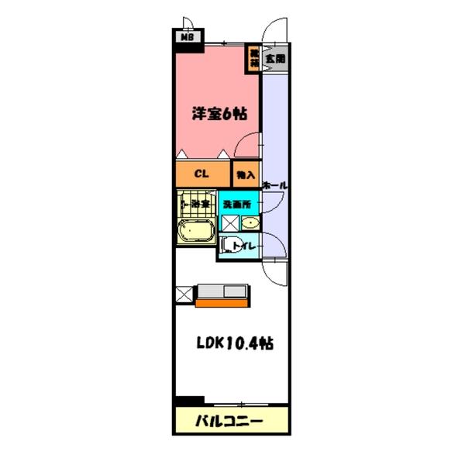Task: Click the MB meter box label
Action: [x=186, y=36]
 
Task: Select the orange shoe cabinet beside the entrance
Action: [x=253, y=58]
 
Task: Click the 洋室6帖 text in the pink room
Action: [x=219, y=113]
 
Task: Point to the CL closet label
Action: [x=200, y=174]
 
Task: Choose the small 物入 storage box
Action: [x=246, y=175]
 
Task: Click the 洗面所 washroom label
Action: [x=236, y=204]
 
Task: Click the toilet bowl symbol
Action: [x=226, y=247]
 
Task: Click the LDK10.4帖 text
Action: [x=231, y=342]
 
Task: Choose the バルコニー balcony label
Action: [x=229, y=422]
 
